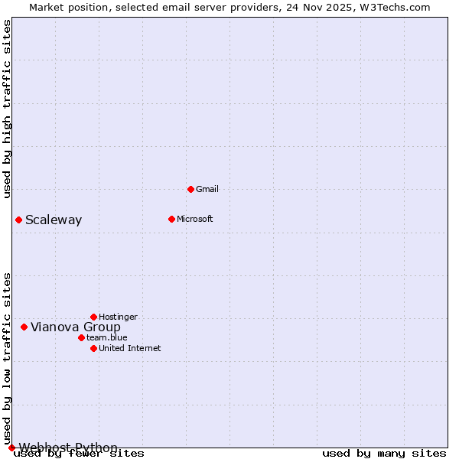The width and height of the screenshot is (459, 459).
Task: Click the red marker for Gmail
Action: click(190, 189)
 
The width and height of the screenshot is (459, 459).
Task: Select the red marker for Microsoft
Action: click(171, 219)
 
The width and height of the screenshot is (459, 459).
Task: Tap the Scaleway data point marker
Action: click(18, 220)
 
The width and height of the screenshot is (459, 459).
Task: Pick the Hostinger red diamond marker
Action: click(93, 317)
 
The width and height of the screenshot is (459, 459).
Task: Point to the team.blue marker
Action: click(81, 337)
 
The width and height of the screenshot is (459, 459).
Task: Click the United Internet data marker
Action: click(93, 348)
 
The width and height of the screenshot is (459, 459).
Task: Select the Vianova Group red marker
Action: click(24, 327)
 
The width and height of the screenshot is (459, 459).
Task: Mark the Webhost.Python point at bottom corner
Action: click(11, 448)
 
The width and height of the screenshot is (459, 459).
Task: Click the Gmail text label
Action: click(207, 189)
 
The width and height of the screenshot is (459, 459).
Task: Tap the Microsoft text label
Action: click(195, 219)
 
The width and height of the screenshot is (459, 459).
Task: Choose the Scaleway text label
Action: click(54, 220)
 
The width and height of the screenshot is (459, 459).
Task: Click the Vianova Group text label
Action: click(76, 327)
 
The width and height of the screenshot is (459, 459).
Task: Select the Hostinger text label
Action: click(119, 317)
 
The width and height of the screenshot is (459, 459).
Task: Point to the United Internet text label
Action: click(130, 348)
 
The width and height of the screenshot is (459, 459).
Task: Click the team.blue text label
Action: click(107, 337)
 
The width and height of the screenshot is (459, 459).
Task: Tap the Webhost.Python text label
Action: click(69, 448)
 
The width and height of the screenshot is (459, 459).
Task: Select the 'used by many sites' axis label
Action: click(384, 454)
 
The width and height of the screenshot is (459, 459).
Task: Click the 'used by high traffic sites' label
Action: click(7, 109)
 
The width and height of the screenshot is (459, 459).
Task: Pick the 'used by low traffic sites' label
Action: click(7, 358)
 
